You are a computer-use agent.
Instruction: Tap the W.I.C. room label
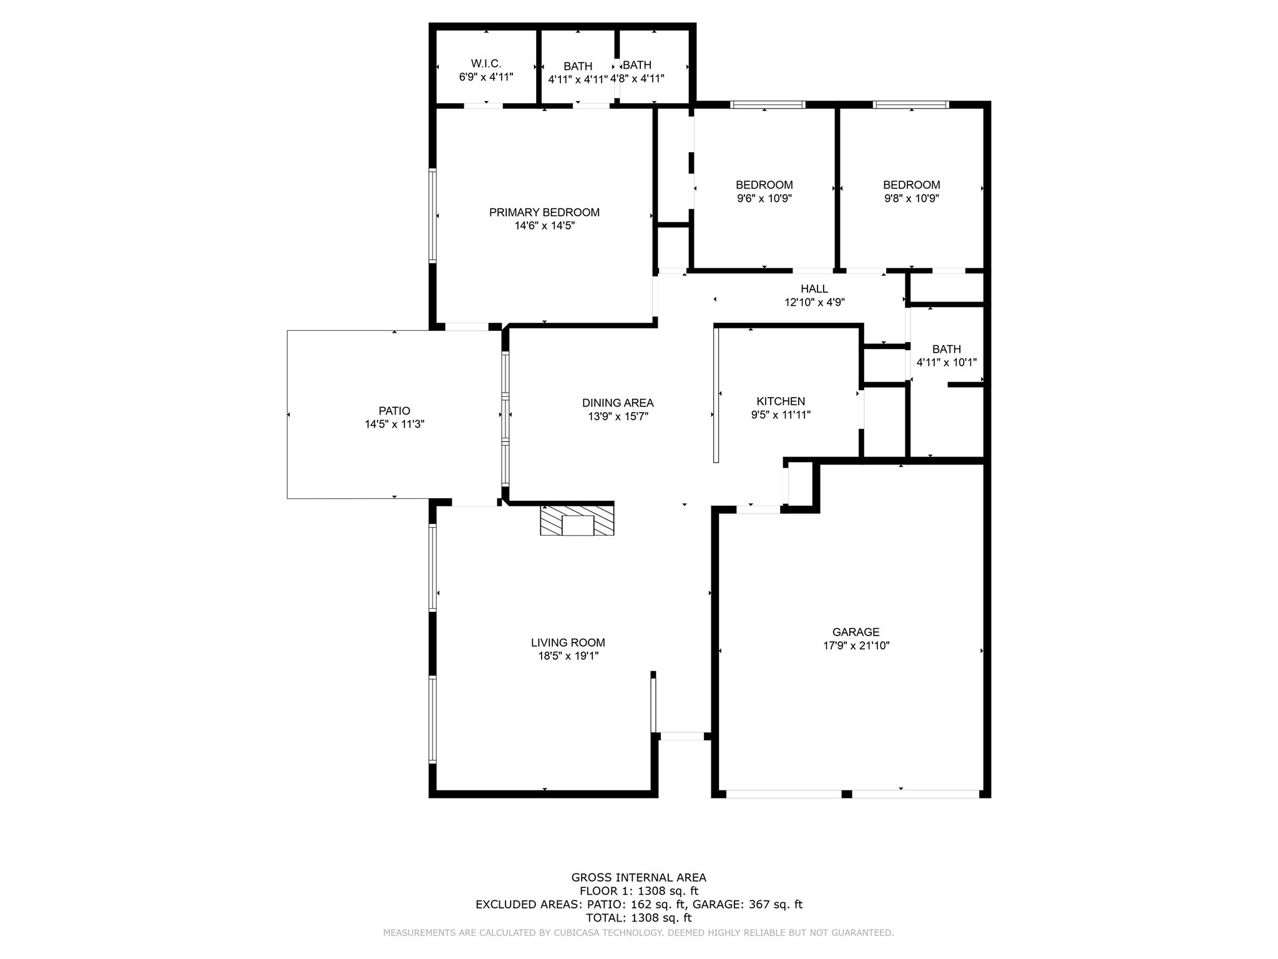(x=485, y=64)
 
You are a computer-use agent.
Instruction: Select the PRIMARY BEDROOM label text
(x=544, y=212)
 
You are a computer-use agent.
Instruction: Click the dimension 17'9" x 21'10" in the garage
(x=856, y=646)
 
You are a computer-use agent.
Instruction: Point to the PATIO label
(x=394, y=411)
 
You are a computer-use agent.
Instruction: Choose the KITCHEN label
(x=781, y=401)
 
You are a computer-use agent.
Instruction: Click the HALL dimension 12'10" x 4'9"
(x=814, y=302)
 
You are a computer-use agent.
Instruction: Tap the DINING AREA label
(x=618, y=403)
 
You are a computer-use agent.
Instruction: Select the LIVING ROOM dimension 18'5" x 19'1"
(x=568, y=656)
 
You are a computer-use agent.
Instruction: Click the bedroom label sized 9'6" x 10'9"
(x=764, y=185)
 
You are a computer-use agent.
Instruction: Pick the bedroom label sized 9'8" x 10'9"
(x=911, y=185)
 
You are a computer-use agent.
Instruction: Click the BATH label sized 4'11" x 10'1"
(x=946, y=349)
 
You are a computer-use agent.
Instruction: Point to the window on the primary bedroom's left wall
(x=432, y=215)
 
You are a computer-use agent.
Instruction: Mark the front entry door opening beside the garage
(x=681, y=736)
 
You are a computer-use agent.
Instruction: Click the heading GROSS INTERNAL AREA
(x=638, y=877)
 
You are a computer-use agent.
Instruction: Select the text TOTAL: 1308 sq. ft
(x=638, y=918)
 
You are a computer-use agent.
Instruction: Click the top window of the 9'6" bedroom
(x=767, y=105)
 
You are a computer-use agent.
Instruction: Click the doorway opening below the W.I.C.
(x=483, y=106)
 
